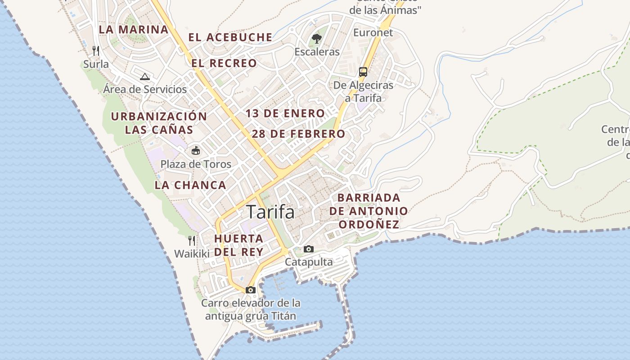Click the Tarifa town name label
(270, 212)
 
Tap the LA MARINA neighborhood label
(133, 30)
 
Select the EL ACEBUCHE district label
(230, 37)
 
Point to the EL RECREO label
(224, 63)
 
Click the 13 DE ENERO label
(285, 113)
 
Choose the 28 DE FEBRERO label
(298, 134)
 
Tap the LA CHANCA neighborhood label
(190, 185)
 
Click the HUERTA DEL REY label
(239, 245)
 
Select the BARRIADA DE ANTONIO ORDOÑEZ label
(369, 211)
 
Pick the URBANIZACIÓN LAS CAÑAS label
(159, 123)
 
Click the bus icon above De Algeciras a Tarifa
(363, 72)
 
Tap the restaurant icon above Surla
(96, 50)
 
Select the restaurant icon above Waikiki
(192, 240)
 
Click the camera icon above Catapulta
(309, 249)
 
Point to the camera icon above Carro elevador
(251, 290)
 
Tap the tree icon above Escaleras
(317, 39)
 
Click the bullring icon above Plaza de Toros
(196, 150)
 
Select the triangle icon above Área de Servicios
(144, 76)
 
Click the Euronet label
(373, 32)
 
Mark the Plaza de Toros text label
(196, 164)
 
